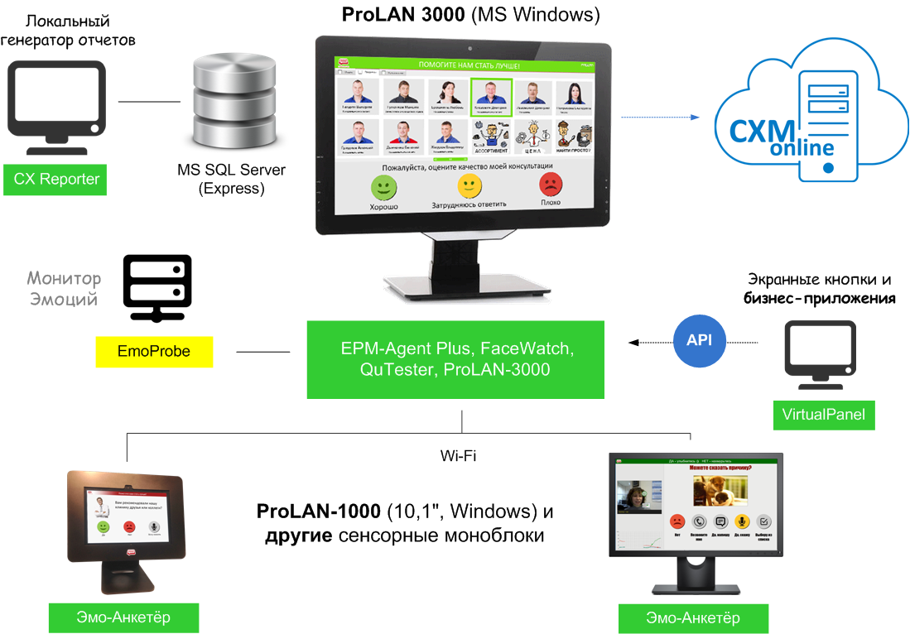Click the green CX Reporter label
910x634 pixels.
coord(55,179)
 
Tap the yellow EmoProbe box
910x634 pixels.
coord(154,352)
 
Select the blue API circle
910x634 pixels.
coord(699,339)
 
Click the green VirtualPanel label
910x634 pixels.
coord(823,414)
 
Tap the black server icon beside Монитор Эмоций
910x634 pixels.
coord(157,288)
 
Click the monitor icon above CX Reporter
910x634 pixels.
coord(55,108)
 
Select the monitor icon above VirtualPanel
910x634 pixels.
coord(821,356)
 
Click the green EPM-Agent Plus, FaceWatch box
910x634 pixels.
coord(455,359)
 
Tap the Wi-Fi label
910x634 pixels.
coord(459,455)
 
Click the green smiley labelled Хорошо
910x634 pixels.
coord(384,187)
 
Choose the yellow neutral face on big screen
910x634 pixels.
coord(469,185)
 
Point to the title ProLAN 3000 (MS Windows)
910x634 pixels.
coord(471,15)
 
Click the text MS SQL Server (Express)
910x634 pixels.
coord(231,179)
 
